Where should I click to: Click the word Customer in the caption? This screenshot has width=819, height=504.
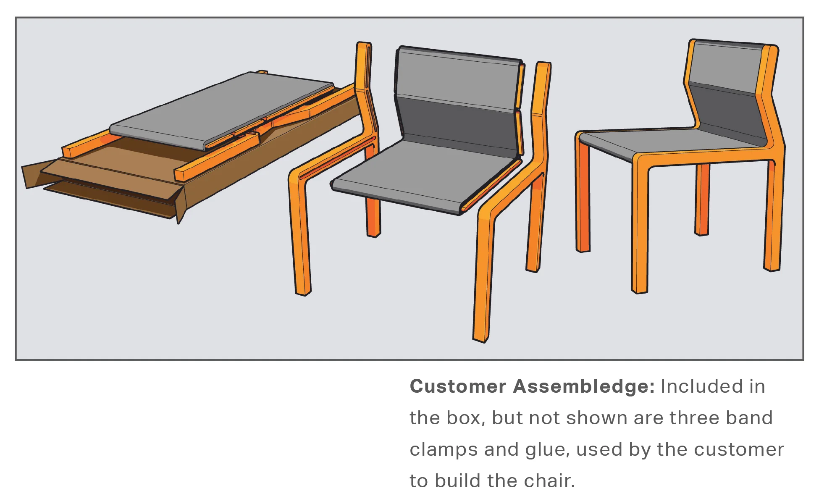tap(458, 386)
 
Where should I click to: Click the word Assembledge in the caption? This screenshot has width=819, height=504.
tap(584, 386)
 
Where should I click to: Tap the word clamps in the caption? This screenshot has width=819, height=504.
tap(444, 449)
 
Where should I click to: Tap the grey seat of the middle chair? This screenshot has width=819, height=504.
tap(420, 172)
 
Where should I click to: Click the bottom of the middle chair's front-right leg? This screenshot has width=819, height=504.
tap(481, 336)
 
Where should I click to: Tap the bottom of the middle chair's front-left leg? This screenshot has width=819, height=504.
tap(303, 291)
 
